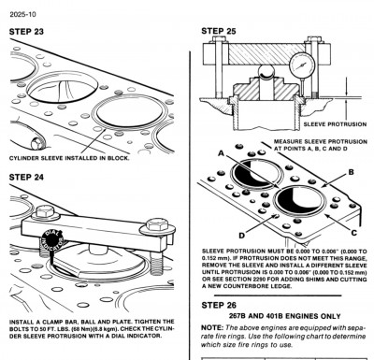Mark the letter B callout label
pyautogui.click(x=350, y=172)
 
